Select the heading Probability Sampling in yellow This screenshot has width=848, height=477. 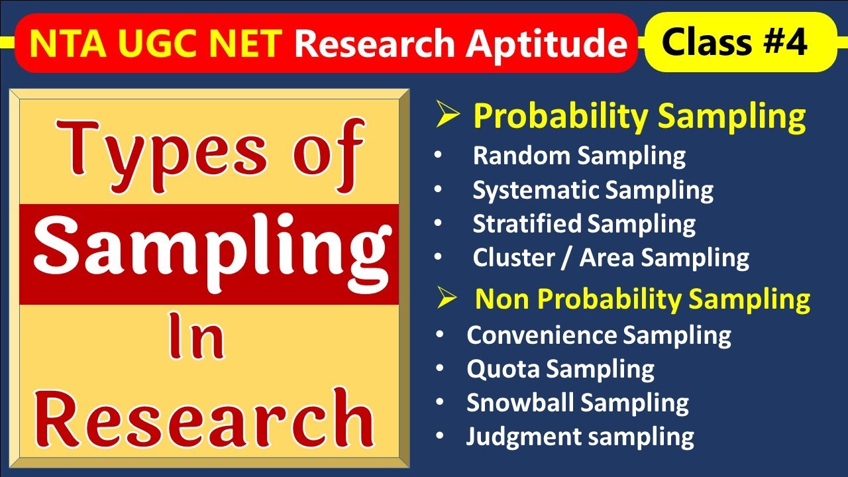point(639,117)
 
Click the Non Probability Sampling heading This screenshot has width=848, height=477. point(643,299)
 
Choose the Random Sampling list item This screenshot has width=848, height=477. point(579,156)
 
